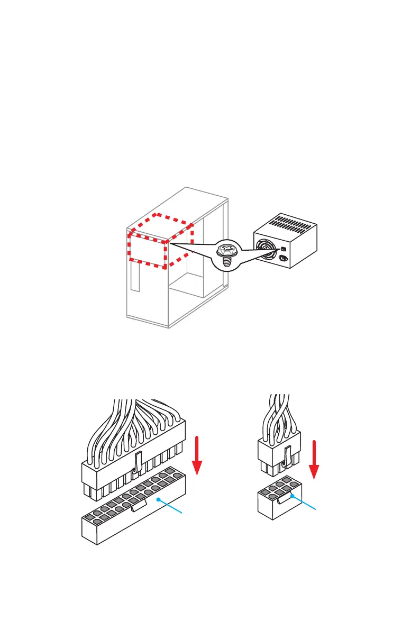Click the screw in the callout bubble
point(226,255)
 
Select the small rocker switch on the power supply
point(283,249)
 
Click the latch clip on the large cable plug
point(136,452)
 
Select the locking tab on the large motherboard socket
point(139,506)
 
